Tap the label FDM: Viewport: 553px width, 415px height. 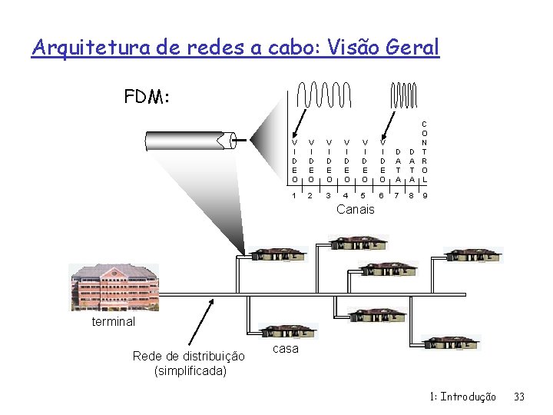click(147, 98)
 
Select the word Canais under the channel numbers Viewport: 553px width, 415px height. click(356, 209)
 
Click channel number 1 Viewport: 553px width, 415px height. click(295, 196)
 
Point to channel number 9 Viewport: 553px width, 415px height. click(425, 196)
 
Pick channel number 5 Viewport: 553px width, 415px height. click(364, 196)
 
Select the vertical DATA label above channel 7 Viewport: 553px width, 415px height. click(398, 165)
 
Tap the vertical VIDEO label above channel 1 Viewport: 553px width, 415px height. click(295, 161)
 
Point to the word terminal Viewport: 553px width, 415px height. click(113, 321)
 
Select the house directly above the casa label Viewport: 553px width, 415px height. click(286, 330)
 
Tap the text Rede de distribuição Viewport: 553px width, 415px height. click(189, 356)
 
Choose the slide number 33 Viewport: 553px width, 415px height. click(518, 397)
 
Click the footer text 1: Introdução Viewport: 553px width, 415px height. click(463, 397)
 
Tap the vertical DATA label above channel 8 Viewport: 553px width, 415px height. click(412, 165)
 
